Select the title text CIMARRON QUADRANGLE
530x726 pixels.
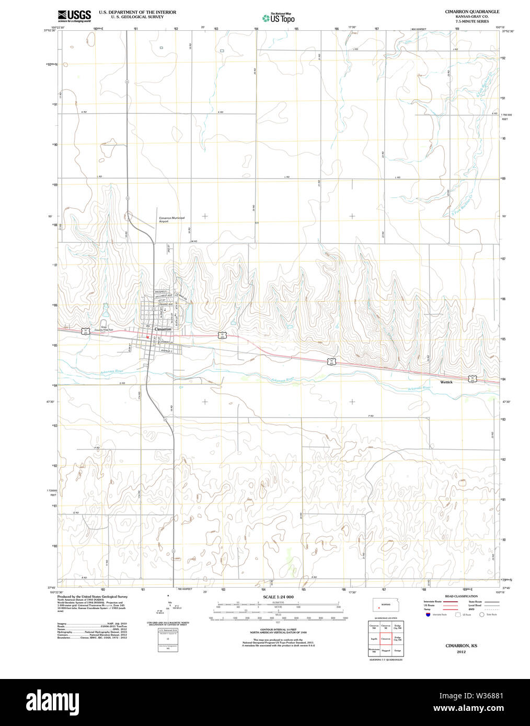(x=471, y=11)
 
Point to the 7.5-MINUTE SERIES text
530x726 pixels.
(x=471, y=21)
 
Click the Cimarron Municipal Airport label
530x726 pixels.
(x=171, y=219)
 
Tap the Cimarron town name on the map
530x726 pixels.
(x=163, y=329)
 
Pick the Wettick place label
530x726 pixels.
(x=446, y=382)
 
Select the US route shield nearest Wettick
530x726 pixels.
(x=472, y=378)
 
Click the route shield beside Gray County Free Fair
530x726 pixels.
(x=84, y=330)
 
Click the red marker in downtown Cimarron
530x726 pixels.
(x=148, y=337)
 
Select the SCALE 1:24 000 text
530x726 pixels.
(x=278, y=596)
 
